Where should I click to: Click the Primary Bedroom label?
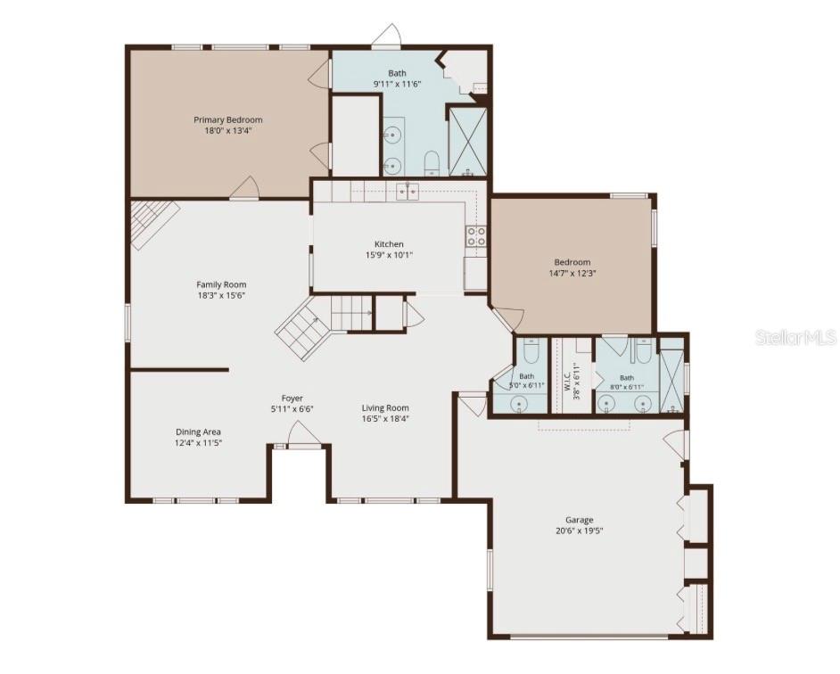pyautogui.click(x=228, y=120)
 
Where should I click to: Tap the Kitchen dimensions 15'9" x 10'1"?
pyautogui.click(x=389, y=255)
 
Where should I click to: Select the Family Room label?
pyautogui.click(x=221, y=284)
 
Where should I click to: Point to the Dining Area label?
pyautogui.click(x=198, y=432)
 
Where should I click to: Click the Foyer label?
pyautogui.click(x=292, y=399)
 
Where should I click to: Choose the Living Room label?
pyautogui.click(x=385, y=407)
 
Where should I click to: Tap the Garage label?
pyautogui.click(x=580, y=520)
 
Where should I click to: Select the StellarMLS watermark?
pyautogui.click(x=796, y=337)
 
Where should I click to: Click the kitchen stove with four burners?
pyautogui.click(x=475, y=236)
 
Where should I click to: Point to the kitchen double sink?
pyautogui.click(x=408, y=192)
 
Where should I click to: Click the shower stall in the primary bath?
pyautogui.click(x=467, y=142)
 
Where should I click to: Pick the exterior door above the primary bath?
pyautogui.click(x=387, y=37)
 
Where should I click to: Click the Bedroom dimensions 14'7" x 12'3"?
pyautogui.click(x=572, y=273)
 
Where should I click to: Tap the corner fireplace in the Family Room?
pyautogui.click(x=152, y=221)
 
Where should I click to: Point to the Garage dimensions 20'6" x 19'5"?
pyautogui.click(x=580, y=531)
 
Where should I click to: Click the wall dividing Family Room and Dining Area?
pyautogui.click(x=180, y=369)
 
